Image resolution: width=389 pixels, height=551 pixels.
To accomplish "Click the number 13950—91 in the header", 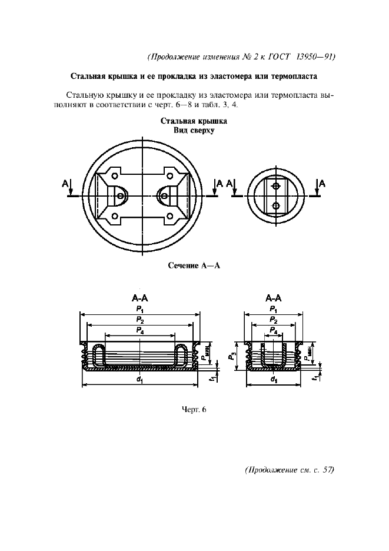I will tap(314, 57).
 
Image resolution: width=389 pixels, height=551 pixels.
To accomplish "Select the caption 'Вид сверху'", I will tap(194, 131).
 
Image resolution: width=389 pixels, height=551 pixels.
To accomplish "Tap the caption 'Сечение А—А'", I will tap(194, 265).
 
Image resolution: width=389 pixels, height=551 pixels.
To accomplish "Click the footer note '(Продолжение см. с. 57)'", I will tap(288, 470).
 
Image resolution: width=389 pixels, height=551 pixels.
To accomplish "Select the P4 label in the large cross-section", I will tap(139, 331).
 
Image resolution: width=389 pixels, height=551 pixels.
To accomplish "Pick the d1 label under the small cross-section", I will tap(274, 380).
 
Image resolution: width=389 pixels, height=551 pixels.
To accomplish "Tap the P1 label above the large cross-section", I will tap(139, 308).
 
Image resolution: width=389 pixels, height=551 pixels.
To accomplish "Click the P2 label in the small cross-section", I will tap(274, 320).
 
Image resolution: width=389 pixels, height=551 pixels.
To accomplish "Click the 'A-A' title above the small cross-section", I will tap(274, 298).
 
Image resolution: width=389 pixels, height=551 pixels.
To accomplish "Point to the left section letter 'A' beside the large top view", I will tap(64, 184).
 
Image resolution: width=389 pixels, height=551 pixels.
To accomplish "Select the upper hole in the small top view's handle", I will tap(275, 186).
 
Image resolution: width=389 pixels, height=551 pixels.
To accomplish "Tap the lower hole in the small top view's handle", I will tap(275, 205).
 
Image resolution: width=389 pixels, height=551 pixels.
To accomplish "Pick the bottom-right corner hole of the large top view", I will tap(171, 216).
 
